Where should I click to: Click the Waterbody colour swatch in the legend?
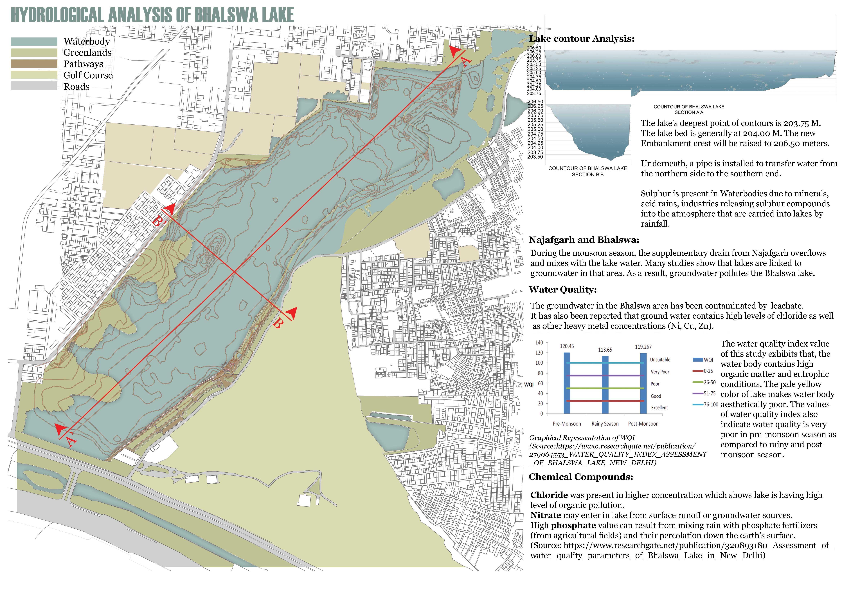(34, 41)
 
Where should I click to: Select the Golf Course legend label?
(88, 75)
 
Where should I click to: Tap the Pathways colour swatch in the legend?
(34, 64)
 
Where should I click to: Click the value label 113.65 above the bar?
(605, 350)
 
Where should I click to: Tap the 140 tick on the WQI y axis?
(539, 343)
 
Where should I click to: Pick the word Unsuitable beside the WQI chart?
(660, 360)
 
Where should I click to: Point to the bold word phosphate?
(573, 526)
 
